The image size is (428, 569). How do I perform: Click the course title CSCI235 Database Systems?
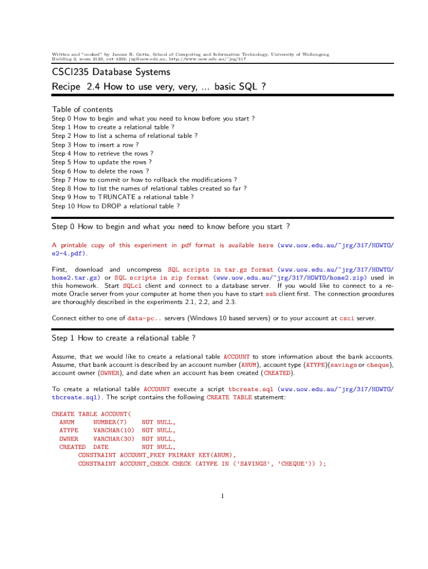pyautogui.click(x=111, y=72)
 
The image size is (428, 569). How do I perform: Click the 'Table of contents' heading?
pyautogui.click(x=82, y=109)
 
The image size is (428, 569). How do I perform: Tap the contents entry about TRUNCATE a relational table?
pyautogui.click(x=123, y=197)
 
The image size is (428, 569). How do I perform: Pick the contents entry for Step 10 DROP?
pyautogui.click(x=116, y=206)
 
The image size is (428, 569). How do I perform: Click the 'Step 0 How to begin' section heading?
pyautogui.click(x=171, y=227)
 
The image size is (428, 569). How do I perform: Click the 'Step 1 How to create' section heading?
pyautogui.click(x=123, y=338)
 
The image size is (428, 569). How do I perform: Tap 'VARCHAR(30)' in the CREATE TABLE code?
pyautogui.click(x=114, y=438)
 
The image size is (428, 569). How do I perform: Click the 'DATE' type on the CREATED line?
pyautogui.click(x=101, y=447)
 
